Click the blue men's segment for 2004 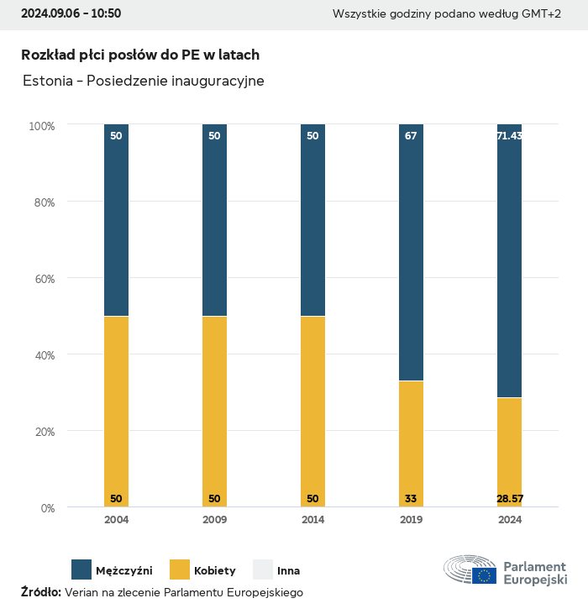pyautogui.click(x=116, y=220)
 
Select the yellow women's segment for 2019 pyautogui.click(x=411, y=443)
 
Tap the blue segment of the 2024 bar pyautogui.click(x=509, y=260)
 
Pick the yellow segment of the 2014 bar pyautogui.click(x=312, y=412)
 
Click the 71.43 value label pyautogui.click(x=509, y=135)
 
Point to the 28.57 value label pyautogui.click(x=509, y=499)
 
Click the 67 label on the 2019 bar pyautogui.click(x=411, y=135)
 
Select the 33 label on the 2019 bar pyautogui.click(x=411, y=499)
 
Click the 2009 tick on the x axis pyautogui.click(x=214, y=520)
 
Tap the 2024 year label pyautogui.click(x=509, y=520)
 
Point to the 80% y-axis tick pyautogui.click(x=42, y=202)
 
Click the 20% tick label pyautogui.click(x=42, y=432)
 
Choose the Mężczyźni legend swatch pyautogui.click(x=81, y=569)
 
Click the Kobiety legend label pyautogui.click(x=215, y=571)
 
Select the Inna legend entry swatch pyautogui.click(x=263, y=569)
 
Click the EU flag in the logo pyautogui.click(x=484, y=575)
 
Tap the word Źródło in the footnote pyautogui.click(x=40, y=592)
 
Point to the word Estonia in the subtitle pyautogui.click(x=47, y=81)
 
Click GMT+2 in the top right pyautogui.click(x=542, y=13)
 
